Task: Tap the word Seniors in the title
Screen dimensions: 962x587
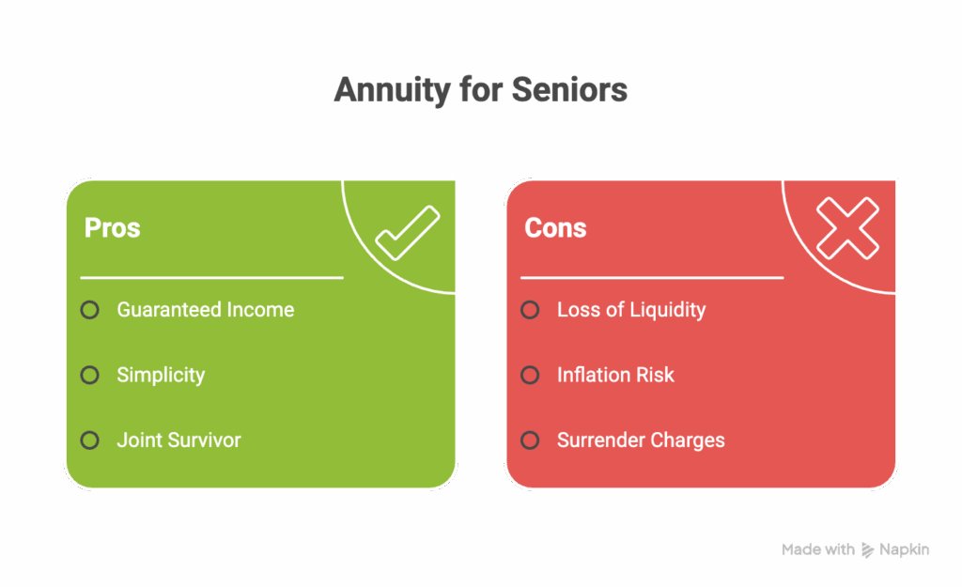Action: (569, 89)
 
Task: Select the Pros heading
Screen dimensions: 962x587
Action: (113, 227)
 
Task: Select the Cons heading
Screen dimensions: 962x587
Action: (555, 227)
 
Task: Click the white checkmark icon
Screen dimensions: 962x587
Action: (408, 233)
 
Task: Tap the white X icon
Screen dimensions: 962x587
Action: (847, 228)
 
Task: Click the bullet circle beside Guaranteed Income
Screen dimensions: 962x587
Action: (89, 310)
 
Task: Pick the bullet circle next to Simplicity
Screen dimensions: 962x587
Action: (89, 375)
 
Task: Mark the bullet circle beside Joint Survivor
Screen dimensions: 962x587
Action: (89, 440)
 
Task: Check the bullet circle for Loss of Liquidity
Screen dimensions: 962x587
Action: (530, 310)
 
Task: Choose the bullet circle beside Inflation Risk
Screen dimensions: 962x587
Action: (530, 375)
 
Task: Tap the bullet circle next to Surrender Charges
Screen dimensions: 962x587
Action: (530, 440)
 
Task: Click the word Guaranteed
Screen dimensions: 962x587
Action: (169, 310)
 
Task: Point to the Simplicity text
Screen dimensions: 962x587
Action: (161, 376)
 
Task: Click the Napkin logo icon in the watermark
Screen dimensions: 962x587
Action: (867, 550)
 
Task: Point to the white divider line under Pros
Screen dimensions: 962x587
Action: (211, 278)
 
